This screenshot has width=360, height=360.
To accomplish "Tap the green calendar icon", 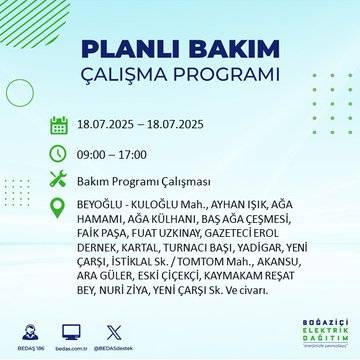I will click(58, 126).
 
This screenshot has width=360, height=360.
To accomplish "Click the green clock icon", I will click(58, 152).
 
